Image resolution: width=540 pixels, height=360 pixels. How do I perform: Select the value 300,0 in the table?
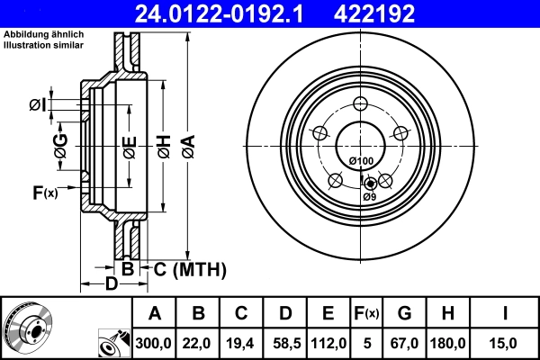click(155, 342)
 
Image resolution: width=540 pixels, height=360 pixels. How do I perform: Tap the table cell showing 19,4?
click(241, 342)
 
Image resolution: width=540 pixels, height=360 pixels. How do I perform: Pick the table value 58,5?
click(284, 342)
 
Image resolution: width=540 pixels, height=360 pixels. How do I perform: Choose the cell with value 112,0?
click(328, 342)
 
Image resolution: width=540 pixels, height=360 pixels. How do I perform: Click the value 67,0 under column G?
click(404, 342)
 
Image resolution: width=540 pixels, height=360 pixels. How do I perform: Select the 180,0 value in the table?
click(448, 342)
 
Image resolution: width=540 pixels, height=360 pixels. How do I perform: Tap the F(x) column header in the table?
click(366, 313)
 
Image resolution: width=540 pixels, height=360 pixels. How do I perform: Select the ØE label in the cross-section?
click(130, 146)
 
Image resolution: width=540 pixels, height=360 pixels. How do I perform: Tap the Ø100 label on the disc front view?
click(360, 161)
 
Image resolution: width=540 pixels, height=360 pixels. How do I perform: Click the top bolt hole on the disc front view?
click(361, 103)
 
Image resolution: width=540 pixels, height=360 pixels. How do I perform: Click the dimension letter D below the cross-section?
click(111, 284)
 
